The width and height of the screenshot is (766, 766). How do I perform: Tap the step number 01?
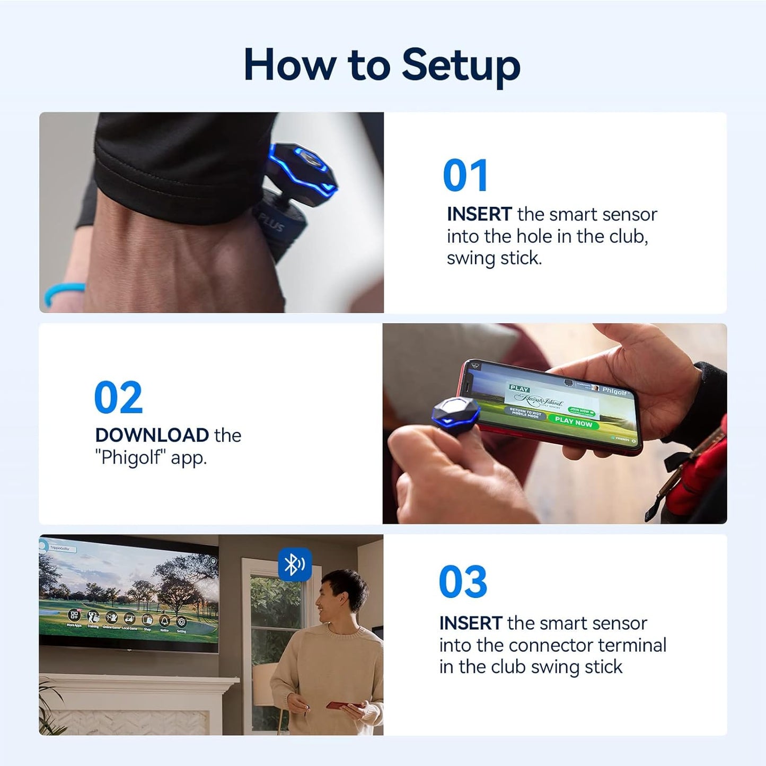[x=465, y=176]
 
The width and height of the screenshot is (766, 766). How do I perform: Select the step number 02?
[x=118, y=398]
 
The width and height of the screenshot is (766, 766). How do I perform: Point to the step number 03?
[x=463, y=582]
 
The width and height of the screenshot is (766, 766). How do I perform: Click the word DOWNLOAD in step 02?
[x=152, y=435]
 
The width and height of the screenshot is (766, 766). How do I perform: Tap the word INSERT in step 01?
[x=479, y=214]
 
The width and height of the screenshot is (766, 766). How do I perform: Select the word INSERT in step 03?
[x=471, y=623]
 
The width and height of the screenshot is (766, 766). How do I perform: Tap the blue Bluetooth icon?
[x=295, y=565]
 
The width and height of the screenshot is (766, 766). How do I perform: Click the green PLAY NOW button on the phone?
[x=573, y=422]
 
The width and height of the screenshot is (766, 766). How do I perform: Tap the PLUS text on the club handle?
[x=271, y=223]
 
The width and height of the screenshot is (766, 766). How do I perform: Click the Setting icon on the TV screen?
[x=181, y=622]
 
